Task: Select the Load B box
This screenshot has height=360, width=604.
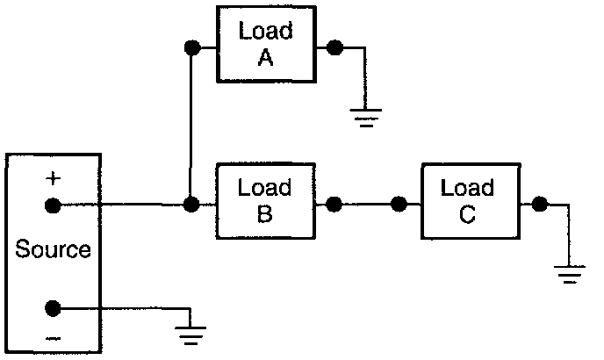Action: (x=265, y=204)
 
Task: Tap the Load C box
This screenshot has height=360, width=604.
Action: (x=467, y=201)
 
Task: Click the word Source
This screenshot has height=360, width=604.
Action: (x=53, y=249)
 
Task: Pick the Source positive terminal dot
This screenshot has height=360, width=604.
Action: (x=53, y=206)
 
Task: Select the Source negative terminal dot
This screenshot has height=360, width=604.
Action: (x=53, y=308)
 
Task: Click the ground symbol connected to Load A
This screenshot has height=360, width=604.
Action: (x=365, y=115)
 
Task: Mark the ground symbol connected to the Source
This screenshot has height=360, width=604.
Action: (x=192, y=335)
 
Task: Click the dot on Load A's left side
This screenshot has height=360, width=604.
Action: (x=191, y=47)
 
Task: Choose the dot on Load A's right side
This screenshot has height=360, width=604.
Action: (x=334, y=47)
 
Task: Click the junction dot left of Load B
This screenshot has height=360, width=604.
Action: (x=191, y=206)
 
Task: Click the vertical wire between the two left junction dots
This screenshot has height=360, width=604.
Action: (x=191, y=127)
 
